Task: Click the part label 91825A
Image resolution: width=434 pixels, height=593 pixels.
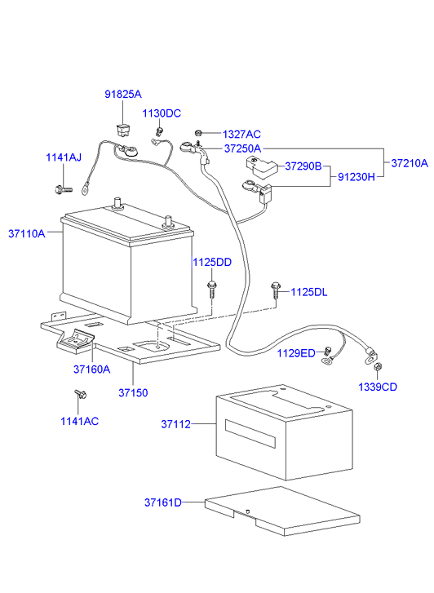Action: [122, 95]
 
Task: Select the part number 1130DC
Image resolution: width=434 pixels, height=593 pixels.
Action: [162, 113]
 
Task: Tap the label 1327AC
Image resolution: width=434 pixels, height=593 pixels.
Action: [241, 134]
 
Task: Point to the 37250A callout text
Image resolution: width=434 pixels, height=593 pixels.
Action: [242, 148]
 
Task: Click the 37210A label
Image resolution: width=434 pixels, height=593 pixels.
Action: [409, 163]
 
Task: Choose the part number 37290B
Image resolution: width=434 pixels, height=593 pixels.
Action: [303, 166]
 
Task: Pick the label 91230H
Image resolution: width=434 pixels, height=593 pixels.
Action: [356, 177]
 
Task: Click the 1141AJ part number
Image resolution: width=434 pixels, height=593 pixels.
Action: [63, 158]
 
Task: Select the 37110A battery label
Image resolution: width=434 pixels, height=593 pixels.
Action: [27, 233]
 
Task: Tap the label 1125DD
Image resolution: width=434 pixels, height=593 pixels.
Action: [212, 262]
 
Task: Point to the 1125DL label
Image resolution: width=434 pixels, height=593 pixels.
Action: [309, 292]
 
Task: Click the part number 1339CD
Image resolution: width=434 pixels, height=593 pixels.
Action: [378, 386]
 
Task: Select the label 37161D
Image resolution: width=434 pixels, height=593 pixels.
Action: [163, 502]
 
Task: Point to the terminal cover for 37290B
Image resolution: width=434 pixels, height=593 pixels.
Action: [260, 167]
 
